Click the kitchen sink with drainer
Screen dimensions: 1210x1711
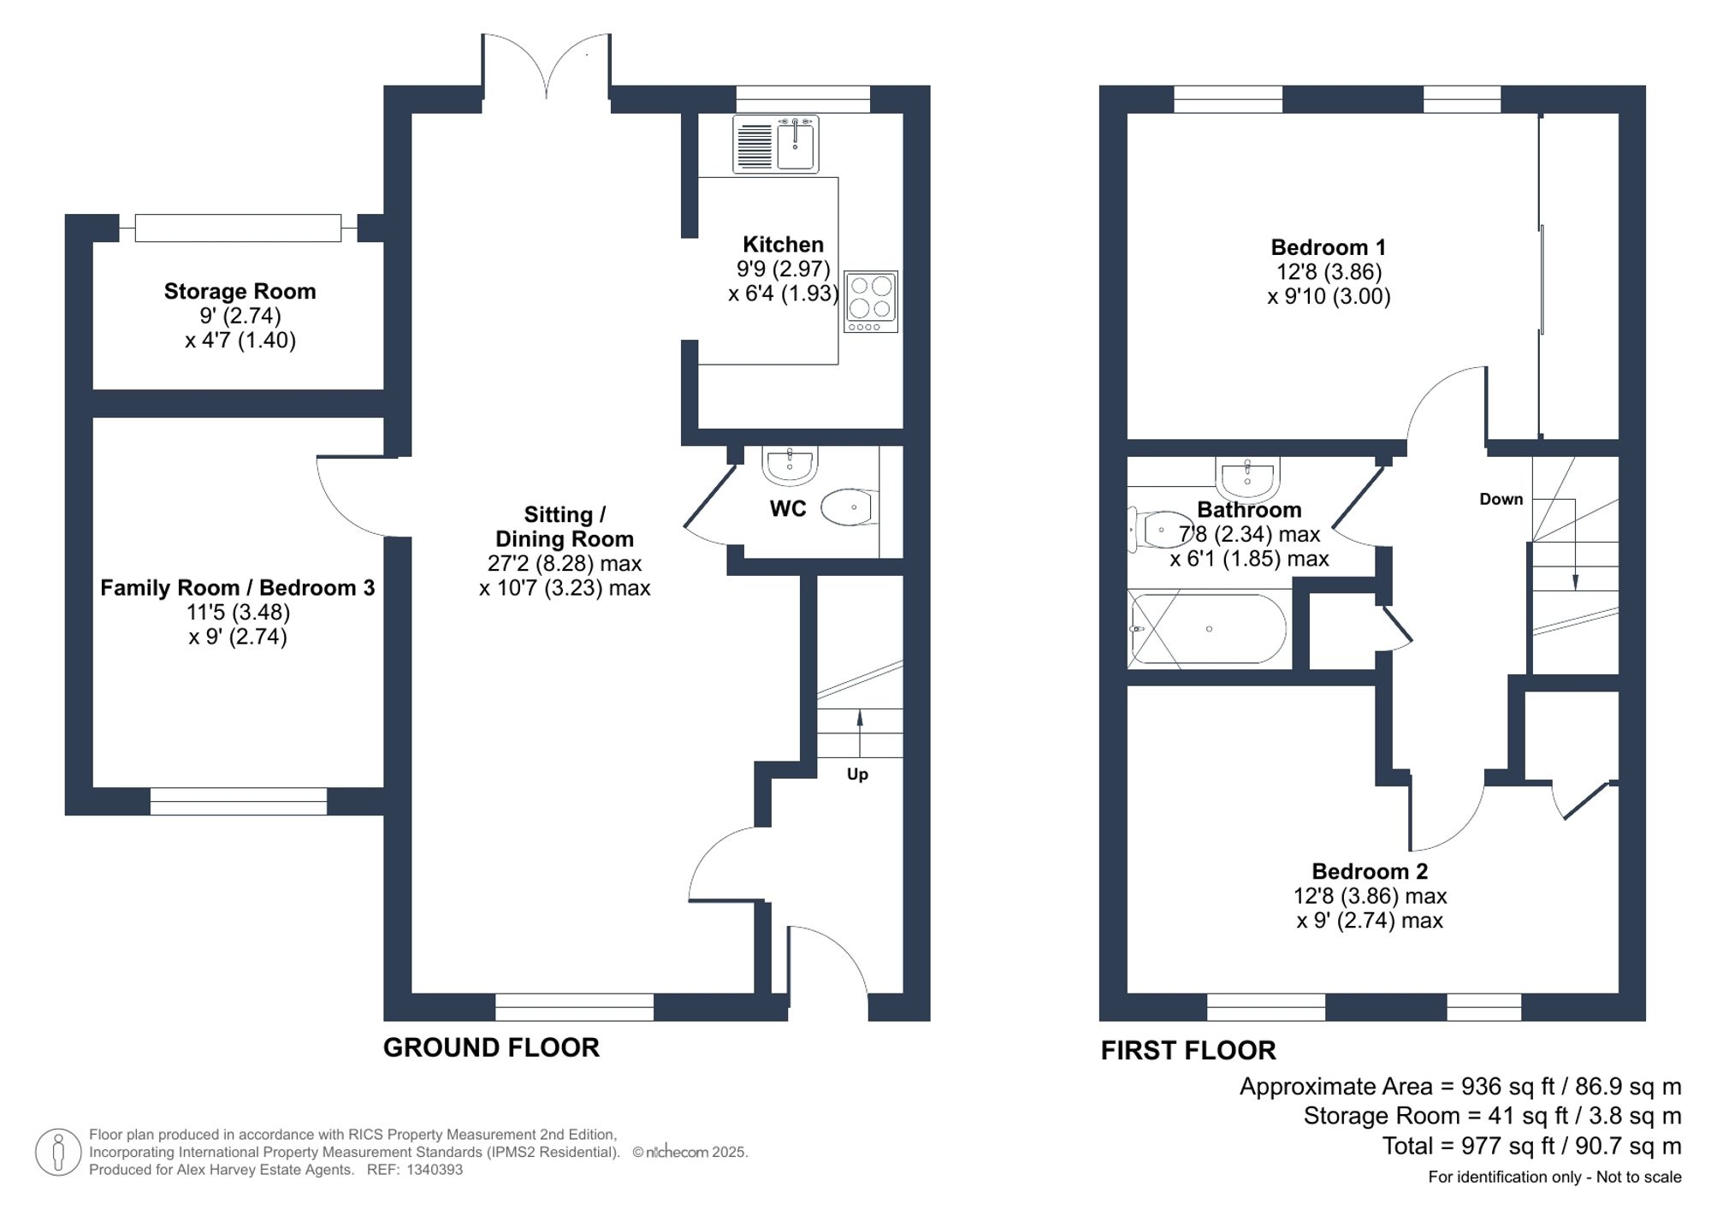point(776,145)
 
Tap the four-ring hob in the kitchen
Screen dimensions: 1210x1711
point(871,301)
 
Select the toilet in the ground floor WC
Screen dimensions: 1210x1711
point(849,507)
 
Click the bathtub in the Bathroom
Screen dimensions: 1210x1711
point(1208,629)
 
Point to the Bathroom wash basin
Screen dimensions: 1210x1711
point(1247,477)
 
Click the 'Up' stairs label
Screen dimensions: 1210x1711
point(857,774)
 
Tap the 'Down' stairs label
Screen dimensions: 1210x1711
point(1501,499)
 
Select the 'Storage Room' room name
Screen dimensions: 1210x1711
point(240,292)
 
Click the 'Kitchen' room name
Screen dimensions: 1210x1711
point(783,245)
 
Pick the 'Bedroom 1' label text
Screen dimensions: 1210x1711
point(1328,248)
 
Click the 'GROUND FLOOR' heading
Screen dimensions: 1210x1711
point(491,1047)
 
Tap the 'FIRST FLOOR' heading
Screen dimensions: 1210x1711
point(1187,1050)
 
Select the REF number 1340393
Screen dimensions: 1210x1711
point(435,1170)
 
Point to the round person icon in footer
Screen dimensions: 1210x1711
point(58,1152)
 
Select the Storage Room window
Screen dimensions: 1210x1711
point(238,228)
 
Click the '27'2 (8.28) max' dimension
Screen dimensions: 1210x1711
point(565,564)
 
